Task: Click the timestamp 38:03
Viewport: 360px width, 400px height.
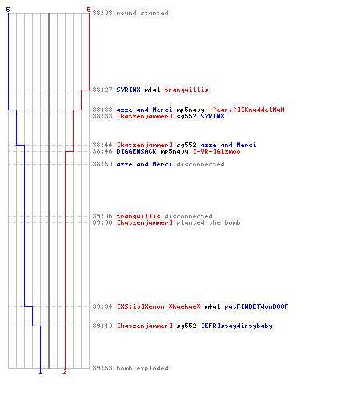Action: tap(102, 13)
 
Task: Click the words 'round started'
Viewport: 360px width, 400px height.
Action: tap(142, 13)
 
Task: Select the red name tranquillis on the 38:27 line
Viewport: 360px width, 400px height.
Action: tap(186, 90)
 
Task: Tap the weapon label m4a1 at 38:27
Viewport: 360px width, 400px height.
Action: tap(152, 90)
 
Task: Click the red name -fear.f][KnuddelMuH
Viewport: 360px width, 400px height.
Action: tap(246, 110)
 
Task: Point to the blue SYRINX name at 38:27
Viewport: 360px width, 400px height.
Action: tap(128, 90)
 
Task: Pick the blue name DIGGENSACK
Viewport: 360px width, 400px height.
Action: tap(136, 151)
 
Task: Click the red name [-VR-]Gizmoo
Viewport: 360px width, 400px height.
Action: tap(217, 151)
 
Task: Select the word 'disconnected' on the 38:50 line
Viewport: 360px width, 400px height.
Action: tap(200, 164)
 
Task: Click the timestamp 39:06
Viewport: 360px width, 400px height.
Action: tap(102, 216)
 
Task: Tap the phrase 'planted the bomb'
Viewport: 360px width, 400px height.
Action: tap(208, 222)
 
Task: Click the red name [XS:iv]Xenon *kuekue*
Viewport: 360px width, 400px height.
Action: tap(158, 306)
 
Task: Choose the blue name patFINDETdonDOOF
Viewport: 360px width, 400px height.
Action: tap(256, 306)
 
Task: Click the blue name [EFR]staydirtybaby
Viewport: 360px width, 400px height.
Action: tap(237, 326)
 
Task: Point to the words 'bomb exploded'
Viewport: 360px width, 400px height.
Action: tap(142, 368)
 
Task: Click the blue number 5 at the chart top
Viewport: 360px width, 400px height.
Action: tap(8, 10)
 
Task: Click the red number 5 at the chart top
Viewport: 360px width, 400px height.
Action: tap(89, 10)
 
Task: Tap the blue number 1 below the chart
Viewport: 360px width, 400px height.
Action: tap(40, 371)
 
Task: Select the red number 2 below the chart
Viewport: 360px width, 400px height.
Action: tap(65, 371)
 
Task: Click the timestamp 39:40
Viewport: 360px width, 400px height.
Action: tap(102, 326)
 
